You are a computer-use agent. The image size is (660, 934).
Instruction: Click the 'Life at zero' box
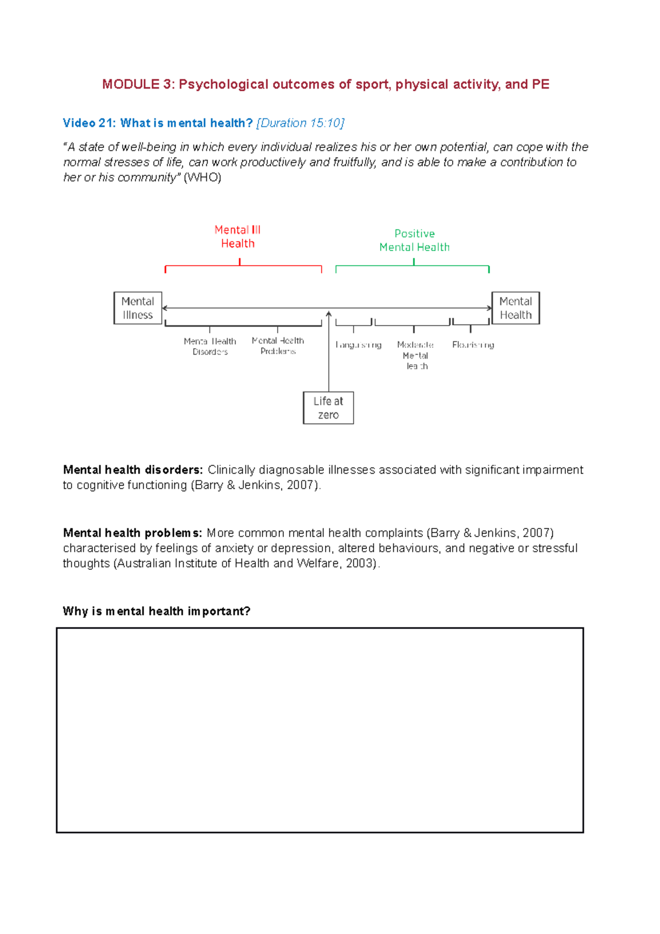pyautogui.click(x=328, y=408)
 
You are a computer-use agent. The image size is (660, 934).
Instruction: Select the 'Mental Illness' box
pyautogui.click(x=137, y=308)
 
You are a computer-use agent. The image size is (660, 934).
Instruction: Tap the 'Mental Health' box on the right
pyautogui.click(x=515, y=308)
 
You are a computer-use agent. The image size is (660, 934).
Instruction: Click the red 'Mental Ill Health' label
pyautogui.click(x=238, y=237)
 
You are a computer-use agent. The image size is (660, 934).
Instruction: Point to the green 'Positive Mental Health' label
pyautogui.click(x=414, y=240)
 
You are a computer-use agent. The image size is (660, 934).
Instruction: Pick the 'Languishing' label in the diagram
pyautogui.click(x=358, y=345)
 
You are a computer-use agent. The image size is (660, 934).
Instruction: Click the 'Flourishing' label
pyautogui.click(x=473, y=345)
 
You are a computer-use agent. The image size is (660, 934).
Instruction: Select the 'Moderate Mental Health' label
pyautogui.click(x=415, y=355)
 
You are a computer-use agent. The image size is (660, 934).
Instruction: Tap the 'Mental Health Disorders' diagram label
pyautogui.click(x=210, y=347)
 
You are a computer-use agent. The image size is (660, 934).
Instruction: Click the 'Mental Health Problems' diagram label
pyautogui.click(x=278, y=346)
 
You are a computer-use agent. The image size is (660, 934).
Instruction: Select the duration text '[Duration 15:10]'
pyautogui.click(x=300, y=123)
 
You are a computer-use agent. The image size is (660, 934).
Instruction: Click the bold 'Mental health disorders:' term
pyautogui.click(x=133, y=470)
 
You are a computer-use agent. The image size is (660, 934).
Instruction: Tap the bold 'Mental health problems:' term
pyautogui.click(x=132, y=533)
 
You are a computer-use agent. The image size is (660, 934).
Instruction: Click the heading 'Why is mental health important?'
pyautogui.click(x=156, y=611)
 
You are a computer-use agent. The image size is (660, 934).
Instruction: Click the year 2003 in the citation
pyautogui.click(x=360, y=563)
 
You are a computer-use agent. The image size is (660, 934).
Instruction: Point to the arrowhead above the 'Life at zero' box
pyautogui.click(x=329, y=314)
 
